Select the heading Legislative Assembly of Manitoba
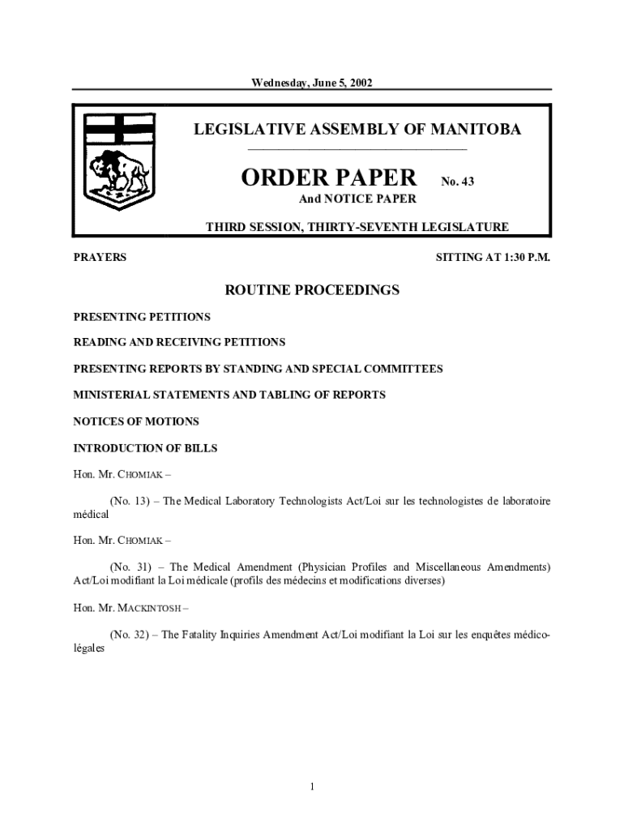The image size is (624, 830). pos(357,130)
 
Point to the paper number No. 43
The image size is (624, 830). pos(457,182)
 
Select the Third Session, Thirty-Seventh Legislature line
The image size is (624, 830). pos(357,227)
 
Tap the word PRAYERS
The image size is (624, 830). pos(100,258)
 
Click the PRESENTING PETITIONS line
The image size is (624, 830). pos(142,316)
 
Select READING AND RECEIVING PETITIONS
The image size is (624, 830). pos(179,342)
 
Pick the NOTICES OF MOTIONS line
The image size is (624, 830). pos(136,421)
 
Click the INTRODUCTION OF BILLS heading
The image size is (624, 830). pos(145,447)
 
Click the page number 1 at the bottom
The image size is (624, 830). pos(312,786)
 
